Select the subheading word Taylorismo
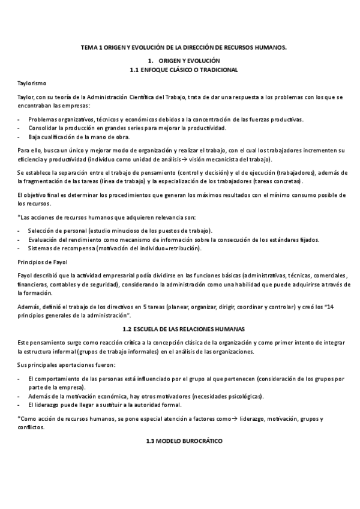32,83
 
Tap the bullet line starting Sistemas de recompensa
115,248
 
